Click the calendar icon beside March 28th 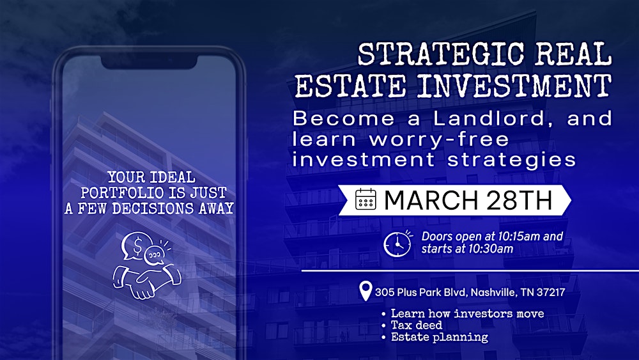[366, 200]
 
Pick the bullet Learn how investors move [467, 313]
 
